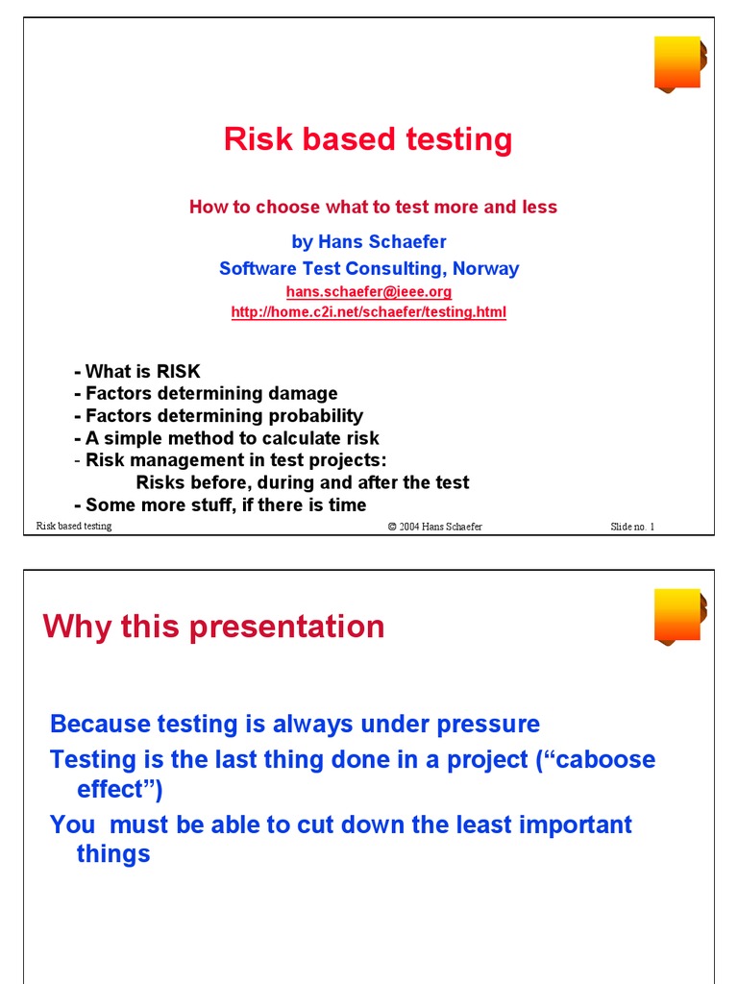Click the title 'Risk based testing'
368,139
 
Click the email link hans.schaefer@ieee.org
368,291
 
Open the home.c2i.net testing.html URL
368,312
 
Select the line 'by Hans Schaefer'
368,241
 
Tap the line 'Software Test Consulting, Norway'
368,268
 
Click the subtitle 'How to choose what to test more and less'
373,207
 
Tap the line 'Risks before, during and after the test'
303,482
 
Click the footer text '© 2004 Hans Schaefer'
434,527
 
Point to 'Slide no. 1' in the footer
631,527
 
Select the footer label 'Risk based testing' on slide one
74,526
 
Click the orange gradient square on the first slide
678,63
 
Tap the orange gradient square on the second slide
678,615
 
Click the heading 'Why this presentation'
213,627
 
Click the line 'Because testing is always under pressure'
295,724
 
